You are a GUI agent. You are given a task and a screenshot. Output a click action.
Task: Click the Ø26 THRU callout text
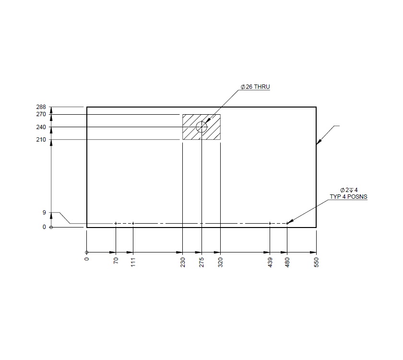pyautogui.click(x=255, y=87)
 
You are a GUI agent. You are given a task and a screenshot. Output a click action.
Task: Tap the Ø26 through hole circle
pyautogui.click(x=201, y=127)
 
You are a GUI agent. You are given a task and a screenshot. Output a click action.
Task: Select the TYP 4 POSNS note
pyautogui.click(x=348, y=197)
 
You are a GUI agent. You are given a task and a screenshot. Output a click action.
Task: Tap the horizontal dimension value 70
pyautogui.click(x=116, y=262)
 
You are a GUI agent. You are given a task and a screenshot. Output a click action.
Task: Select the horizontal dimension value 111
pyautogui.click(x=133, y=263)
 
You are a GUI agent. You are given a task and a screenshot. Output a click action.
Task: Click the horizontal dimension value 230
pyautogui.click(x=183, y=263)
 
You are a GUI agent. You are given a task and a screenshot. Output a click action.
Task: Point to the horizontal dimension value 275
pyautogui.click(x=201, y=263)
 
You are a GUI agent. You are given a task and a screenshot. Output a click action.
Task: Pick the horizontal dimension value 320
pyautogui.click(x=221, y=263)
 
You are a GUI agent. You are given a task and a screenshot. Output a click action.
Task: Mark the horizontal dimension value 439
pyautogui.click(x=270, y=263)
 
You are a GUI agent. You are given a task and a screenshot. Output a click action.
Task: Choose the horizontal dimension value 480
pyautogui.click(x=287, y=263)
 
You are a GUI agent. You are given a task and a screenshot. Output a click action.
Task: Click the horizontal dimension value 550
pyautogui.click(x=317, y=263)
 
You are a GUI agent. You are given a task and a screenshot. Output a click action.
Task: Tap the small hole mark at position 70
pyautogui.click(x=116, y=223)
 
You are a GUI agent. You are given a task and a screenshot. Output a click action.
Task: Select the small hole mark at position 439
pyautogui.click(x=270, y=223)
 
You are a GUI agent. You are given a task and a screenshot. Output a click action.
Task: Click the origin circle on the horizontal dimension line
pyautogui.click(x=86, y=252)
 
